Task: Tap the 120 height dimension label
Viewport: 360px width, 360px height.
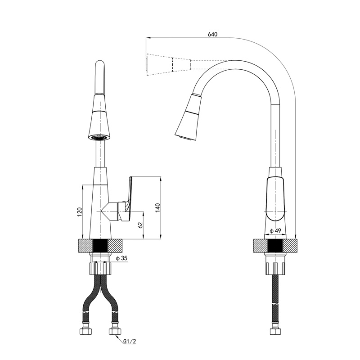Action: click(80, 211)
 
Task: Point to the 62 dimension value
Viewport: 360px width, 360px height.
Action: click(140, 225)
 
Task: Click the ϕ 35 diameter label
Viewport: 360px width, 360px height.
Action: click(121, 258)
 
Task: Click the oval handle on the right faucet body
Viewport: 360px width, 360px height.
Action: click(275, 198)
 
